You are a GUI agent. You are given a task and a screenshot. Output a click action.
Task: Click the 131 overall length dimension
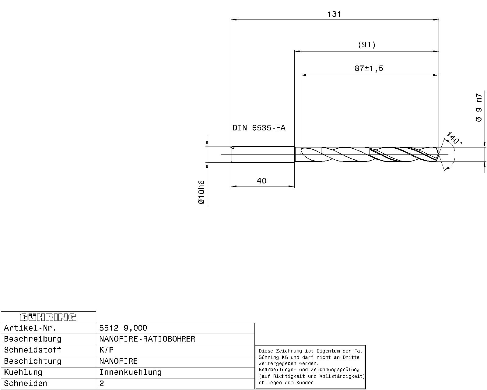click(x=334, y=14)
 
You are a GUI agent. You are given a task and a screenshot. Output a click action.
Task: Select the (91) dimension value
click(x=366, y=45)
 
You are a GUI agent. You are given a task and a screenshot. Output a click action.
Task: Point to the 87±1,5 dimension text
click(x=369, y=69)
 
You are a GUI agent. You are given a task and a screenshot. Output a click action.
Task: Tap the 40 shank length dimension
click(x=261, y=181)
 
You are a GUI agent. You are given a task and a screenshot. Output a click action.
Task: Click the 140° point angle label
click(x=454, y=138)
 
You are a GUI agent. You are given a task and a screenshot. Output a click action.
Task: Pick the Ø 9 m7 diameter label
click(x=478, y=108)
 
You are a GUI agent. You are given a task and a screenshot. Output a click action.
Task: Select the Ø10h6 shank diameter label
click(x=201, y=192)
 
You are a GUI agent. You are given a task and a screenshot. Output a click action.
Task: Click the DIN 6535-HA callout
click(x=259, y=128)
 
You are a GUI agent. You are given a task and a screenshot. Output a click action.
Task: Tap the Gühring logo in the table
click(x=48, y=317)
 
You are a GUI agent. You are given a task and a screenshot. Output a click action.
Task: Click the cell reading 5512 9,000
click(x=123, y=328)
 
